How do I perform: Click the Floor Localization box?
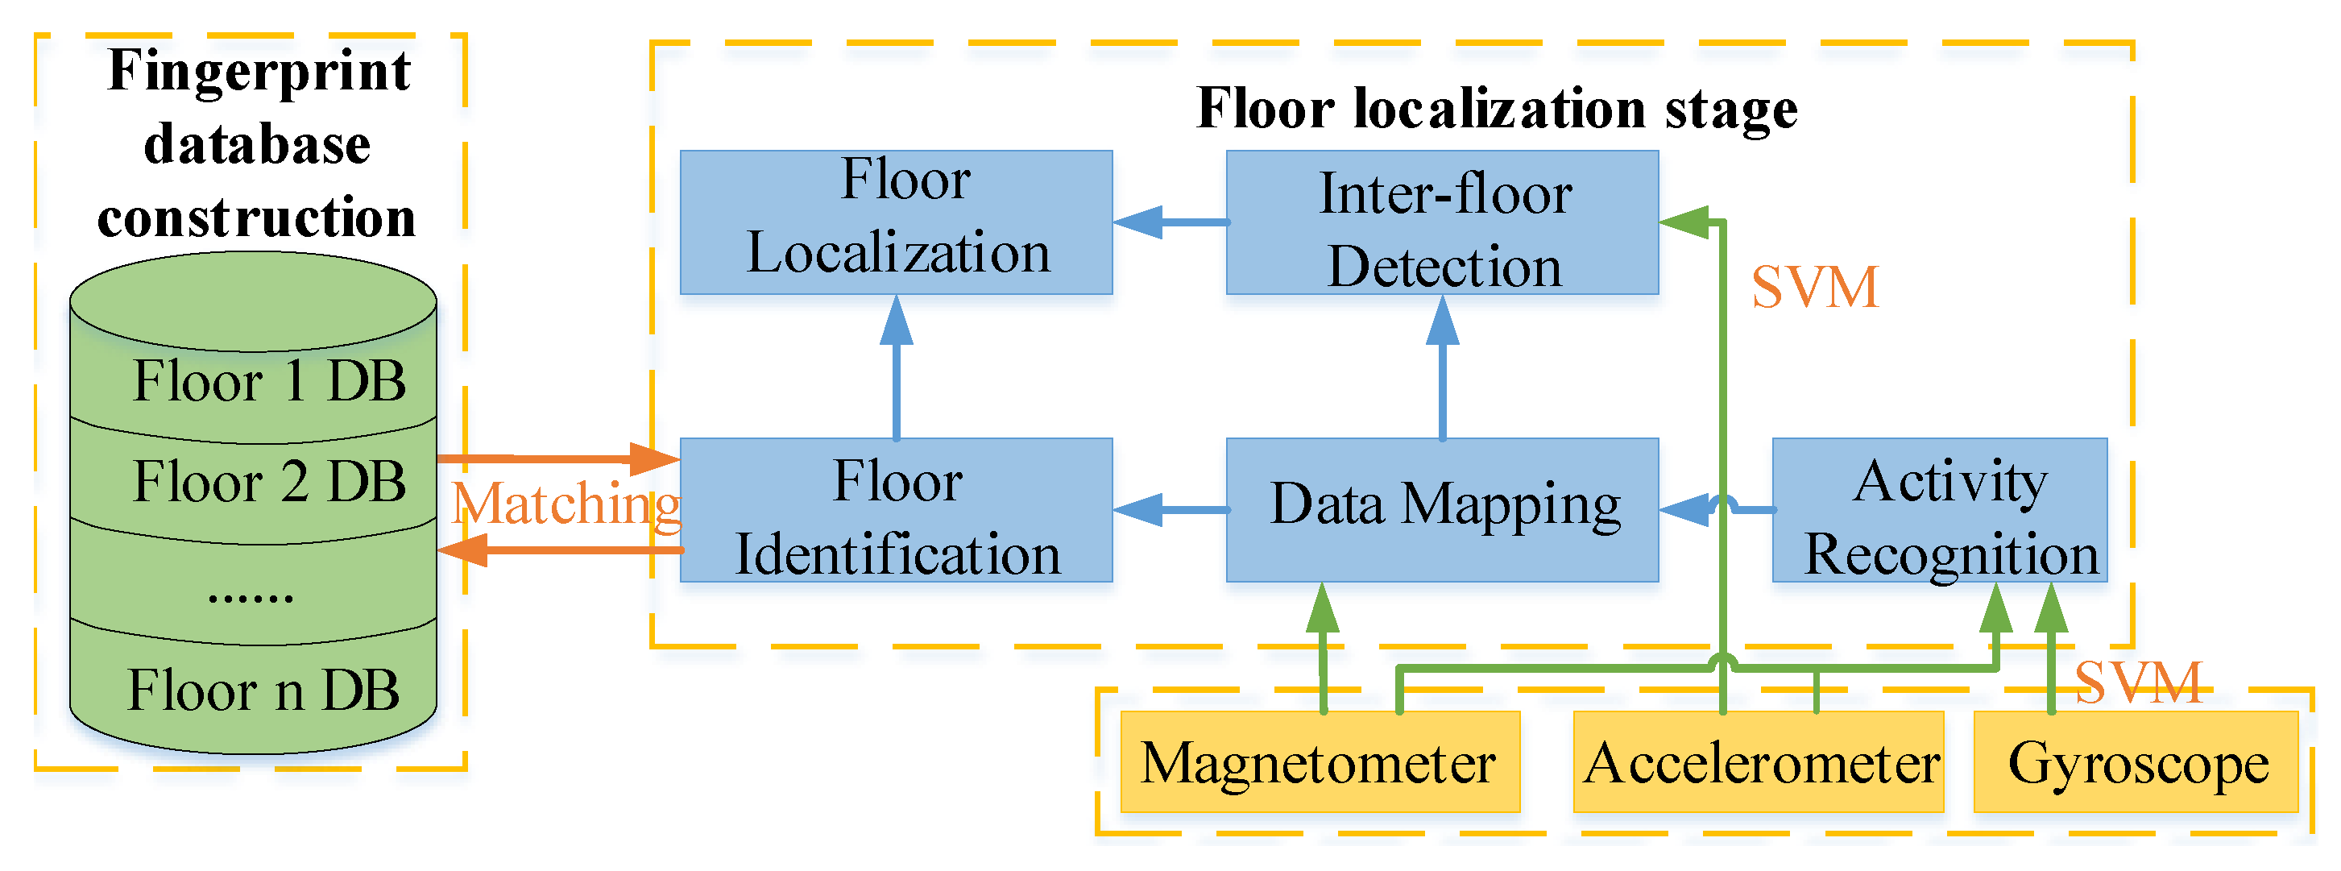pos(896,222)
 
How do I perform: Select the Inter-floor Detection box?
pos(1442,222)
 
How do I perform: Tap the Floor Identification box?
pos(896,510)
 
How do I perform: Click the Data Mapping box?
pos(1442,510)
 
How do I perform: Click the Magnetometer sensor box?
pos(1320,762)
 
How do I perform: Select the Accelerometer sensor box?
pos(1758,762)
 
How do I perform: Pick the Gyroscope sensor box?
pos(2136,762)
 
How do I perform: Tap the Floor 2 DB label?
pos(269,481)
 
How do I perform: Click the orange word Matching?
pos(566,504)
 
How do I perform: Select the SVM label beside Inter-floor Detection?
pos(1814,288)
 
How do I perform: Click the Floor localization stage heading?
pos(1497,108)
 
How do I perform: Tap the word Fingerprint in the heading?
pos(259,70)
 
